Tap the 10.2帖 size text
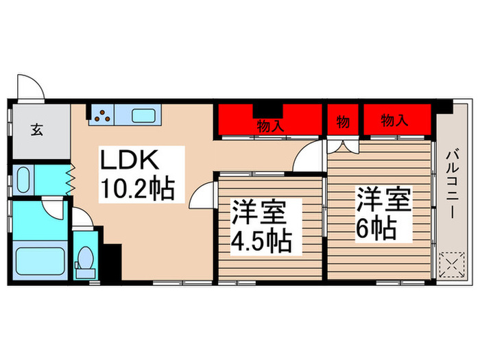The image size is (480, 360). click(137, 187)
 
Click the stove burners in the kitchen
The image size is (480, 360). click(102, 115)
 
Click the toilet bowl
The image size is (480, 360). click(86, 260)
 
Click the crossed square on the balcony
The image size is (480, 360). click(451, 263)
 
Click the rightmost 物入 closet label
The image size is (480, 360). click(395, 121)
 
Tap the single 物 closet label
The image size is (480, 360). click(344, 122)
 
